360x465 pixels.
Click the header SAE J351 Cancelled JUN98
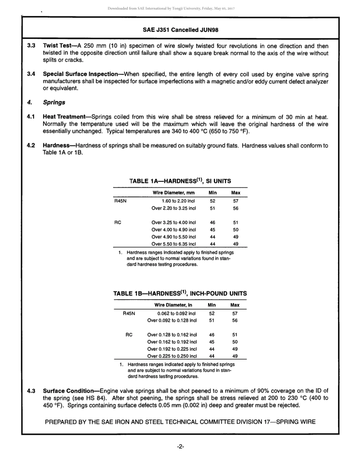(x=180, y=30)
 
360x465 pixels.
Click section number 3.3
(x=31, y=46)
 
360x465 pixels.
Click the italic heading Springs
(x=54, y=102)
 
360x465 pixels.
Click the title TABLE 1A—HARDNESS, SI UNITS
(x=180, y=181)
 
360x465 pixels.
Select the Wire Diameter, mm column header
(x=173, y=193)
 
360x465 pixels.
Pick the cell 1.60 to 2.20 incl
(x=178, y=201)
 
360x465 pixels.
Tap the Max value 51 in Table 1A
(x=235, y=223)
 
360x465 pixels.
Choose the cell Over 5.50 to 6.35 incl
(x=174, y=244)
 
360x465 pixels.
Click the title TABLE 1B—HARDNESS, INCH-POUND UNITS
(x=180, y=293)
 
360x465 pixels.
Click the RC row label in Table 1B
(x=129, y=335)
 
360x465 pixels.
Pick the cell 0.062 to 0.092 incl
(x=177, y=313)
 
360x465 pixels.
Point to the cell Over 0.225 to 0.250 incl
(x=172, y=356)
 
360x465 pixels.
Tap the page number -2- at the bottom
(x=180, y=447)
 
